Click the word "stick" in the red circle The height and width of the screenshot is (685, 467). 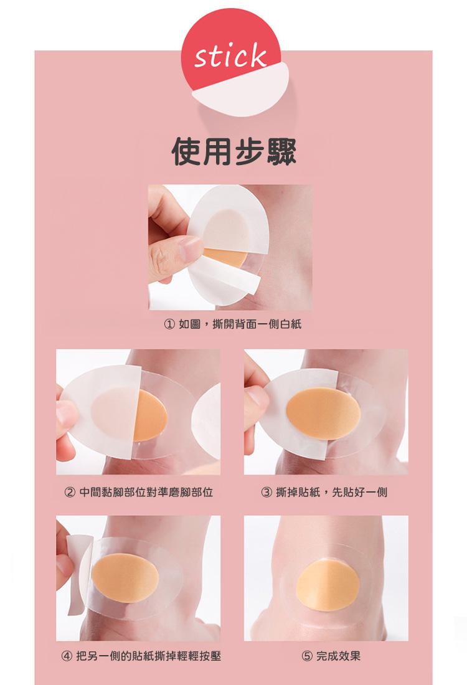[230, 56]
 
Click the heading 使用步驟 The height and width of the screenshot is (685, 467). [233, 151]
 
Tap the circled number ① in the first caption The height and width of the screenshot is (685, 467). [169, 324]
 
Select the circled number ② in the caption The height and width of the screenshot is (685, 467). [70, 493]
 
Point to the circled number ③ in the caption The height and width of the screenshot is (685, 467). [267, 493]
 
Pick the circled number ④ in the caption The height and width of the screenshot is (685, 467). [67, 656]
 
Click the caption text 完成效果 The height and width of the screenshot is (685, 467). [339, 656]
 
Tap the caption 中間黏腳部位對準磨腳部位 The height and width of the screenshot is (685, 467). [146, 493]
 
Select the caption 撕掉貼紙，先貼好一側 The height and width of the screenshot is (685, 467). [332, 493]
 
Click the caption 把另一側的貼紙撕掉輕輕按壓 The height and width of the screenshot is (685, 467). [149, 656]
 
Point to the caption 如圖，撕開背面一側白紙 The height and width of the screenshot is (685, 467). [240, 324]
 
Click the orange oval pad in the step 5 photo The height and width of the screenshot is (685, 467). [328, 585]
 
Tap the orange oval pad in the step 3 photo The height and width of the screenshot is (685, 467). [323, 413]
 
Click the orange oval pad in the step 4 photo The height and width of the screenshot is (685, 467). [125, 577]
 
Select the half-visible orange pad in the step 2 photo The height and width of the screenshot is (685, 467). [151, 415]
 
